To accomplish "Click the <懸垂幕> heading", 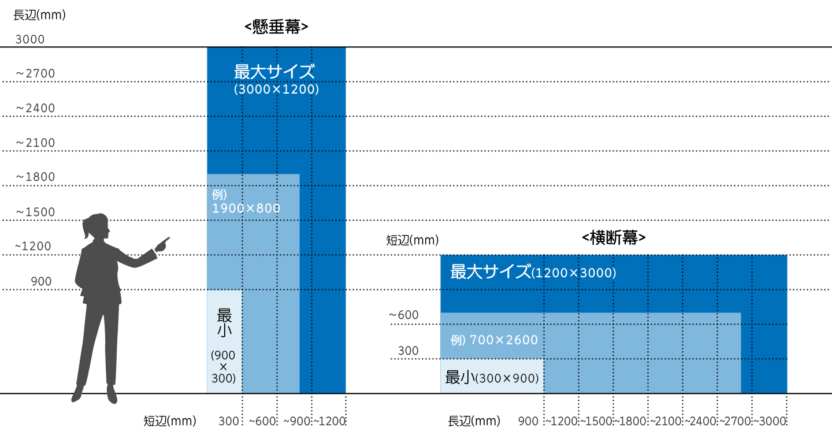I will click(x=276, y=27).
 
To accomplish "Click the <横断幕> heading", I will click(x=613, y=238).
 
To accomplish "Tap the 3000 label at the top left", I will click(x=29, y=40).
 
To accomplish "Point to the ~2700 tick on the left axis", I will click(x=35, y=74).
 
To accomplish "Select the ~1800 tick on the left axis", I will click(x=35, y=177).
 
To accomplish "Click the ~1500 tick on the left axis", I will click(x=35, y=212).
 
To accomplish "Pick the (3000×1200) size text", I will click(x=276, y=90).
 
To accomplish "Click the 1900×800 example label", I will click(x=246, y=208).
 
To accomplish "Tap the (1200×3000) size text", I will click(x=574, y=273).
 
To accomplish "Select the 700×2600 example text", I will click(x=504, y=340).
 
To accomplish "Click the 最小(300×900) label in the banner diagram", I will click(x=492, y=378).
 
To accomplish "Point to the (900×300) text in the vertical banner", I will click(x=223, y=367).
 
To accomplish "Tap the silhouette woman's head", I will click(x=96, y=226).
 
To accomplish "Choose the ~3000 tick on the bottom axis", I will click(x=770, y=422).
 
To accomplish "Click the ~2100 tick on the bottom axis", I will click(x=666, y=422).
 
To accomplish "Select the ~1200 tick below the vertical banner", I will click(x=329, y=422).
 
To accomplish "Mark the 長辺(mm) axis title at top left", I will click(x=39, y=15).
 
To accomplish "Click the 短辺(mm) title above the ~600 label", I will click(x=412, y=240).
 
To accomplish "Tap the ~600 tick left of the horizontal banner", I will click(x=403, y=315).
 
